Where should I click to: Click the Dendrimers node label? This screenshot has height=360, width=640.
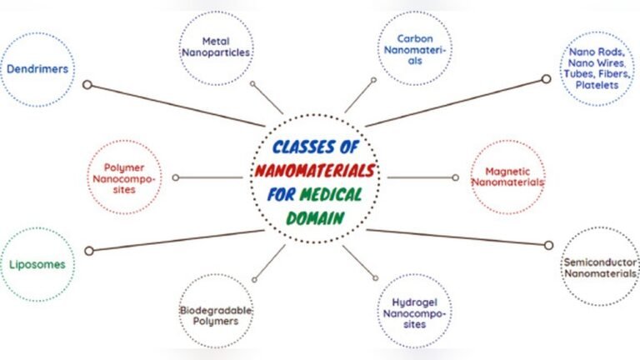tap(37, 71)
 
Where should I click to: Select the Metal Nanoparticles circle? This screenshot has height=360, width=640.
tap(216, 47)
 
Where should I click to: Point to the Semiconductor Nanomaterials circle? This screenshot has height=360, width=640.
tap(600, 267)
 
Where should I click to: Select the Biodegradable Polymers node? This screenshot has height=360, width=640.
tap(216, 314)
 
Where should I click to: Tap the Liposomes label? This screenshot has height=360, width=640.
tap(37, 265)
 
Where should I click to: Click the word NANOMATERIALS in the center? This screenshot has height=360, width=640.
tap(313, 172)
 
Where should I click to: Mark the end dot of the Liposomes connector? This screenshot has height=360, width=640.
tap(89, 250)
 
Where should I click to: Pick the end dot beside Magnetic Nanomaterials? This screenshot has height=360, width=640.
tap(455, 177)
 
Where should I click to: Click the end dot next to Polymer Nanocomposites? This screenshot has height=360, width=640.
tap(176, 177)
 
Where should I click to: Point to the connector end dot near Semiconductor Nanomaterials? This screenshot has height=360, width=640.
tap(548, 245)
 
